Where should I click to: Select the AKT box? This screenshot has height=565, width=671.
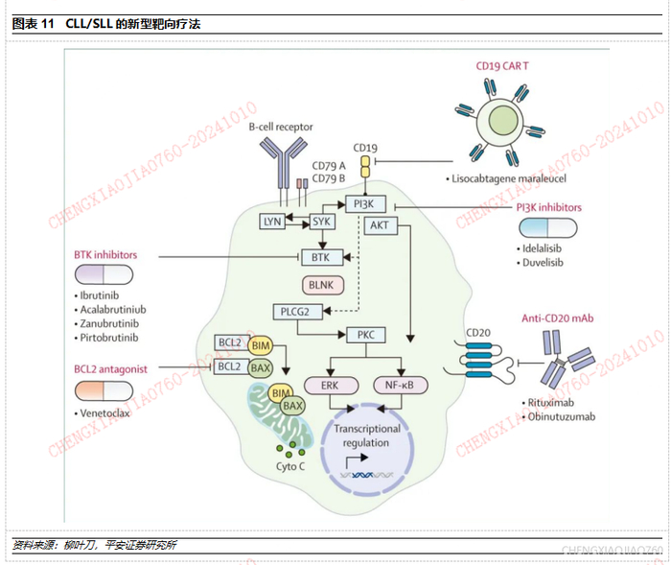tap(379, 226)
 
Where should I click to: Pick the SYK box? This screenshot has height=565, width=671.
tap(320, 222)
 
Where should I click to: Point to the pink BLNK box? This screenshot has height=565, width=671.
tap(319, 285)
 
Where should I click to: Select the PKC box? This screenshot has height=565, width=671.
tap(365, 336)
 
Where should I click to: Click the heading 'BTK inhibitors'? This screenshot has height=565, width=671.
tap(105, 255)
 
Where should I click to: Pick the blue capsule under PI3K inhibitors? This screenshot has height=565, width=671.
tap(548, 227)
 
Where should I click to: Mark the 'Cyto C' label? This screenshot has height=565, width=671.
tap(289, 466)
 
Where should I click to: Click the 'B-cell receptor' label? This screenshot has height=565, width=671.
tap(281, 127)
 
